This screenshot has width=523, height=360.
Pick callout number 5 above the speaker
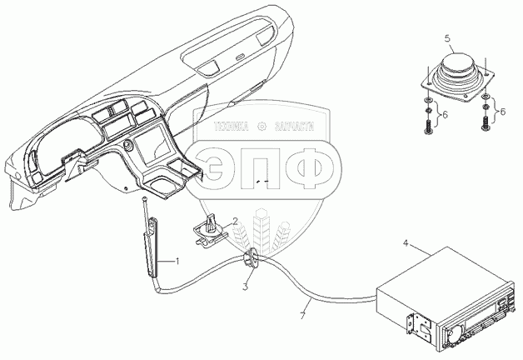447,39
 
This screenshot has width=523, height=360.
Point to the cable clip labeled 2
212,229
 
